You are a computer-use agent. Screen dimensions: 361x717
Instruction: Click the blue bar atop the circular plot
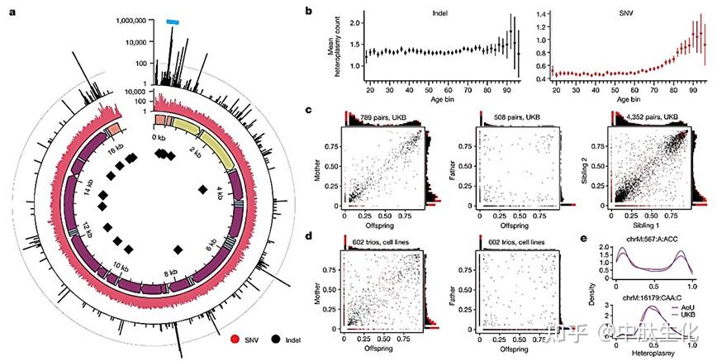174,22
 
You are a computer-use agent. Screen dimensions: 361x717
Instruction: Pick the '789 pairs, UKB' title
378,116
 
